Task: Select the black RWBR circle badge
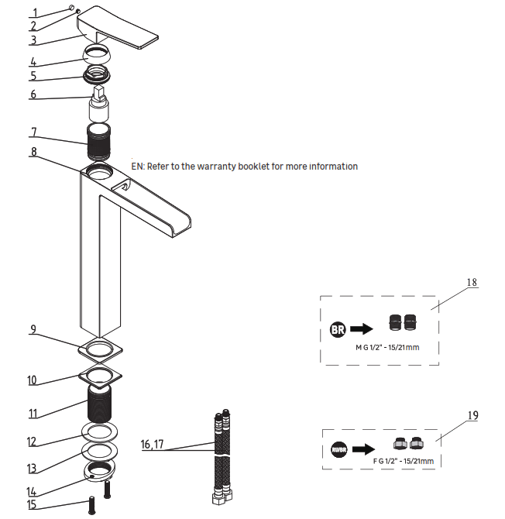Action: (339, 448)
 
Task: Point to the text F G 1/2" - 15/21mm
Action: (404, 462)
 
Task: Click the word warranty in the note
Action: (230, 167)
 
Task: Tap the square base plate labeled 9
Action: (99, 349)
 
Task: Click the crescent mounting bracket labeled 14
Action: (100, 472)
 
